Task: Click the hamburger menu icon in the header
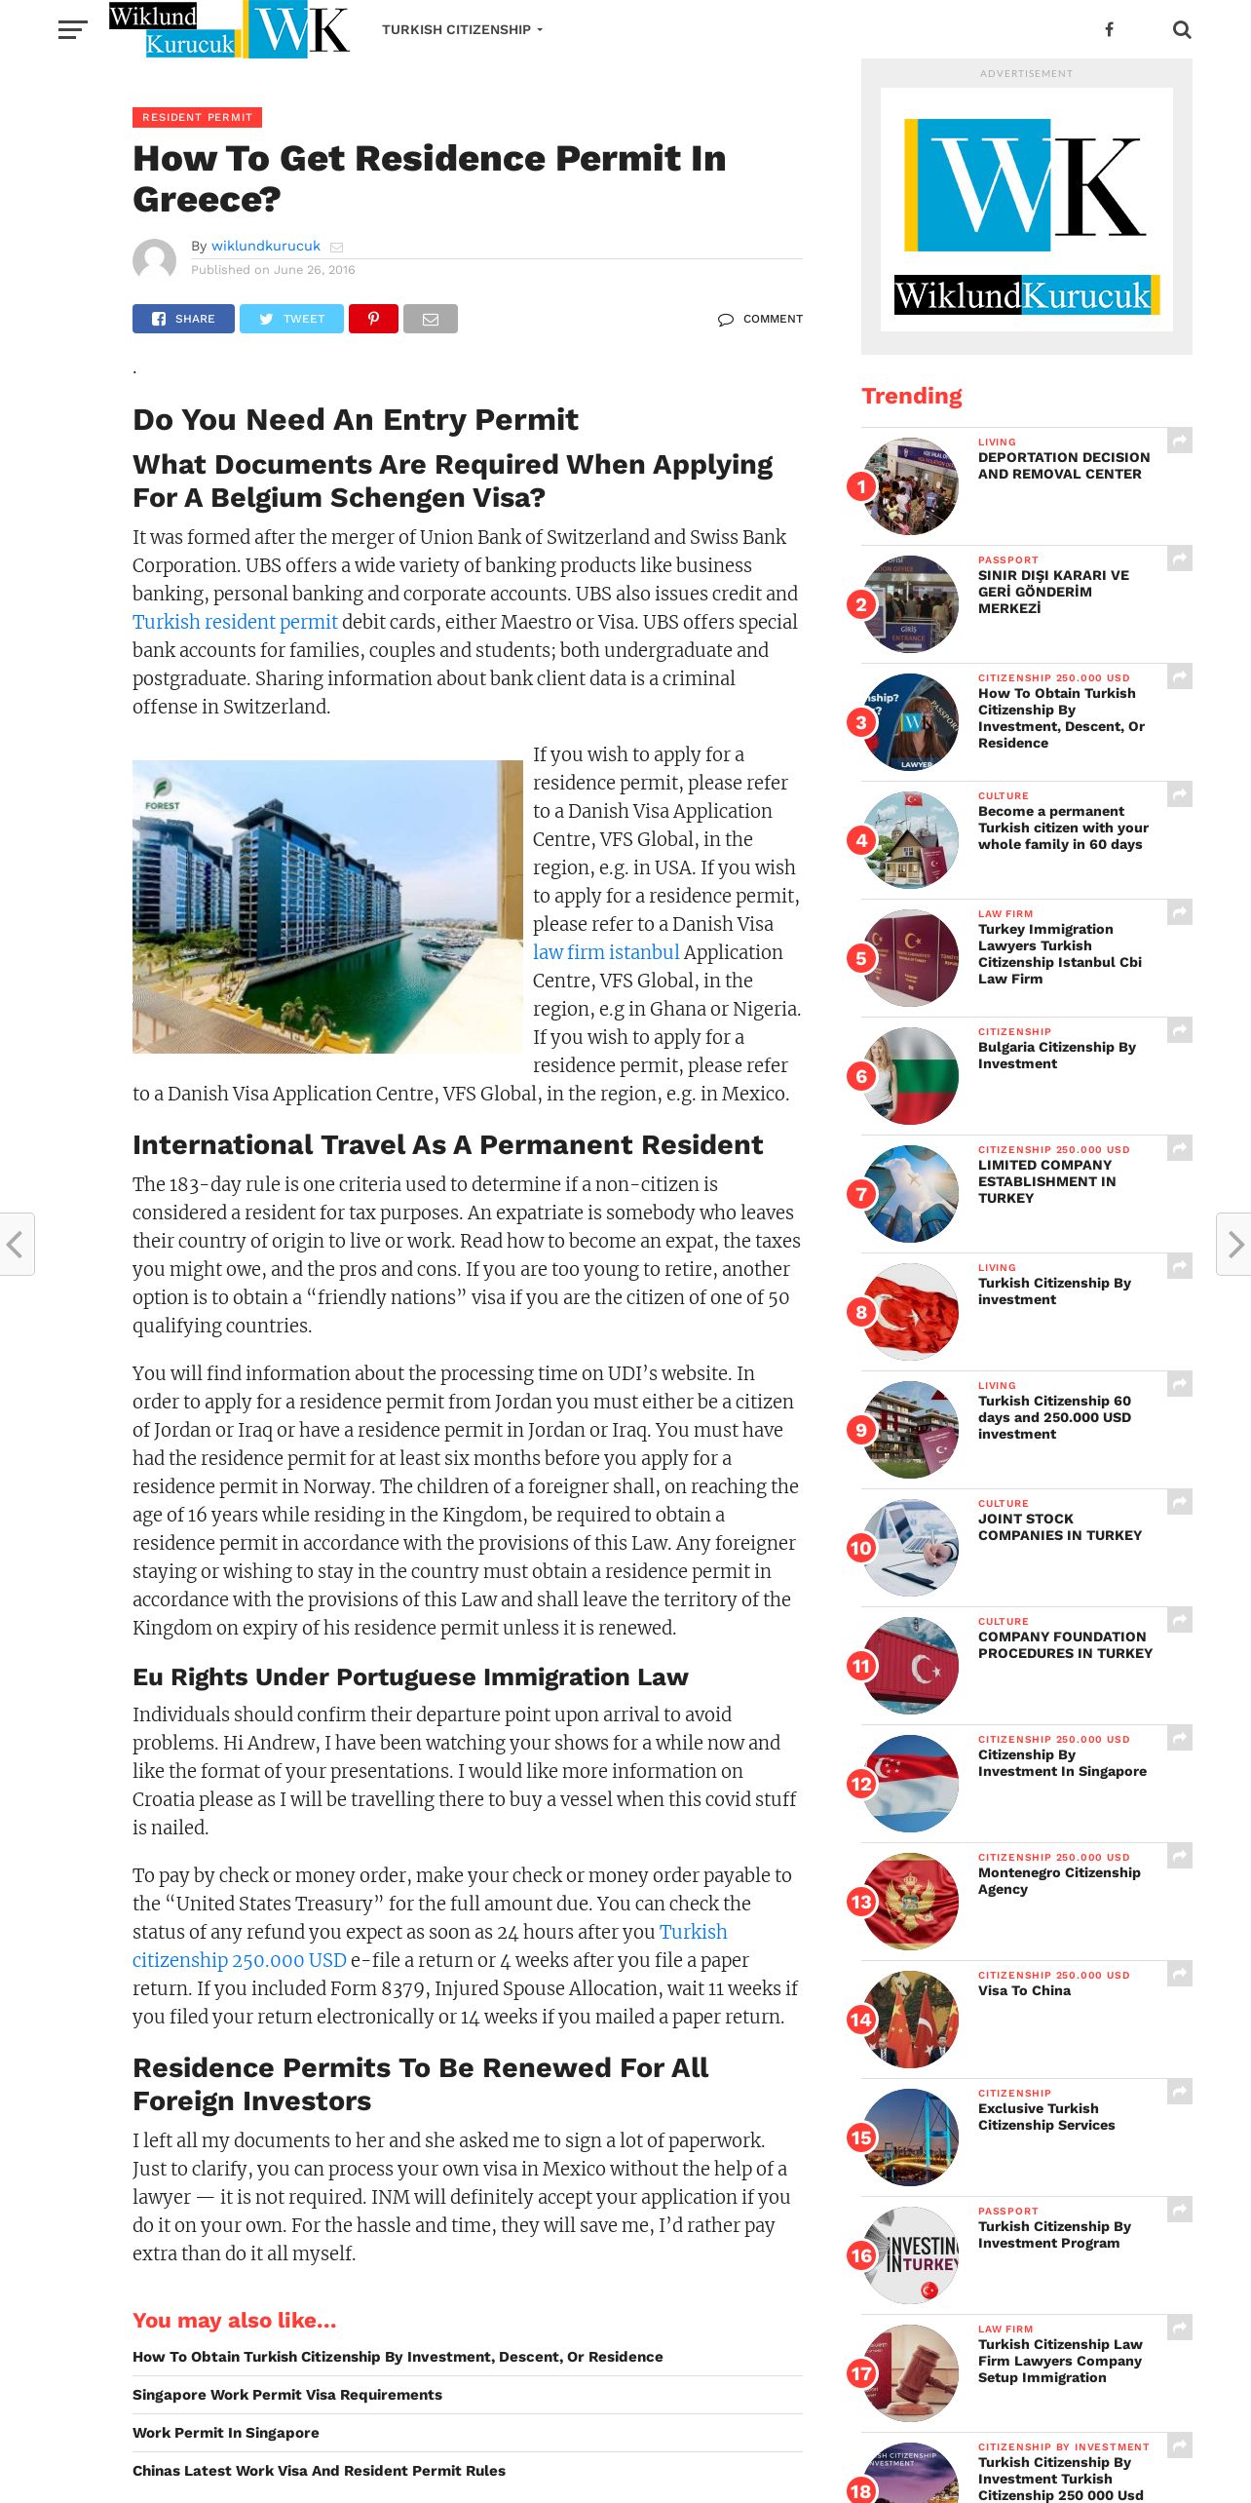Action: pos(72,30)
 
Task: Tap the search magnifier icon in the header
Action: pos(1182,30)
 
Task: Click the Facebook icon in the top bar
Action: pos(1109,30)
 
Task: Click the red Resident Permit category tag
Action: pos(197,118)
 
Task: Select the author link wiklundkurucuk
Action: pos(265,246)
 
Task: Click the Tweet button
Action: pos(291,319)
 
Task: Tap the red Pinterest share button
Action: pos(373,319)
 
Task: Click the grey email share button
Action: pos(430,319)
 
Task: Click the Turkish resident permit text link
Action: pos(235,622)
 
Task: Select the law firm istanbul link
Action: pos(606,952)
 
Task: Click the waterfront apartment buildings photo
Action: pos(327,906)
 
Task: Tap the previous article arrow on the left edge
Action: pos(16,1244)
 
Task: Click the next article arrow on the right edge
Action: pos(1234,1244)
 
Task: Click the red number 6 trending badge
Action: pos(861,1076)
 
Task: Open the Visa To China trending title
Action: pos(1024,1990)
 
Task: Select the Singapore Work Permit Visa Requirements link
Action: pos(287,2395)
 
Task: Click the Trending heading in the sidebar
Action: pos(911,396)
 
